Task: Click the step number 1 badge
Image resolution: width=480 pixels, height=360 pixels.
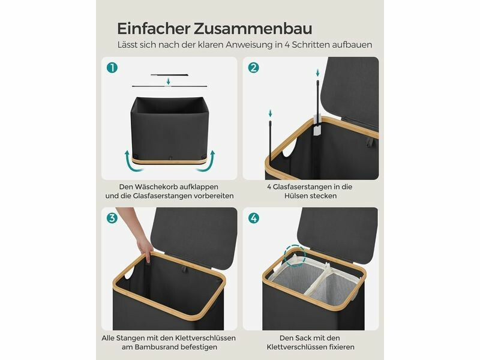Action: click(x=112, y=68)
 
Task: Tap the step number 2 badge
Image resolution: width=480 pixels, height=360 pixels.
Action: click(x=253, y=68)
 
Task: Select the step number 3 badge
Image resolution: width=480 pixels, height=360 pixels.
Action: click(x=112, y=218)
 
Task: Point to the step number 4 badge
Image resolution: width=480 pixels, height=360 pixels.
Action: click(x=253, y=218)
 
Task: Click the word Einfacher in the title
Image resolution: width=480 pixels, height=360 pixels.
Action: click(x=154, y=28)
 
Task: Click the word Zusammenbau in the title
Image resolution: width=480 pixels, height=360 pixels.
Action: click(x=253, y=28)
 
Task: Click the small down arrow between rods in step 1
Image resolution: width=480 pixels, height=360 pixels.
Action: click(x=168, y=81)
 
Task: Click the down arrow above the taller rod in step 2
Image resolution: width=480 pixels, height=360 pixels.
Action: click(x=318, y=73)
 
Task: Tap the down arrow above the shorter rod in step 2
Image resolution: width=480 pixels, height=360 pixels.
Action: click(x=270, y=113)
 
